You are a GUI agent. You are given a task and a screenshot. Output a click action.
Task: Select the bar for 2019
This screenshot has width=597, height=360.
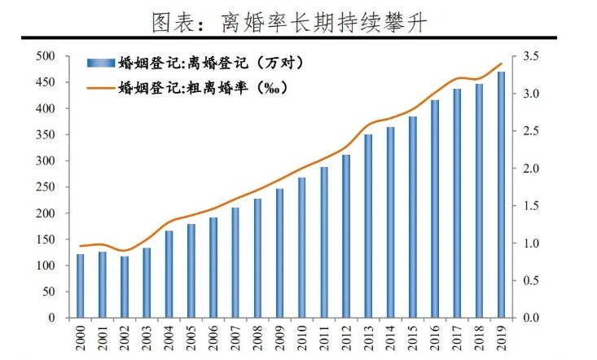pyautogui.click(x=501, y=195)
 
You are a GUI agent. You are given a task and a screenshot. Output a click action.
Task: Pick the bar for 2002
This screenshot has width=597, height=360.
pyautogui.click(x=125, y=287)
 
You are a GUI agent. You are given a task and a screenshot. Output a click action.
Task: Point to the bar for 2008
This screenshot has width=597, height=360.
pyautogui.click(x=257, y=257)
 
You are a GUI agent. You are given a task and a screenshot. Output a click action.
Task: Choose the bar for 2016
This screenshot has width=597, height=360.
pyautogui.click(x=435, y=209)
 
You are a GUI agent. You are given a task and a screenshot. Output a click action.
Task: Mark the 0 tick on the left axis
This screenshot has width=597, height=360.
pyautogui.click(x=50, y=318)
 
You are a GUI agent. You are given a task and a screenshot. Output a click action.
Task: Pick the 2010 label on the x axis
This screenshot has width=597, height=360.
pyautogui.click(x=301, y=337)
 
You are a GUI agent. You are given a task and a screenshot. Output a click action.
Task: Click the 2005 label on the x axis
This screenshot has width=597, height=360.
pyautogui.click(x=191, y=337)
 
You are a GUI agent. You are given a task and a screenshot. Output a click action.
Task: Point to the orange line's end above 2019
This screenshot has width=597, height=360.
pyautogui.click(x=502, y=64)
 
